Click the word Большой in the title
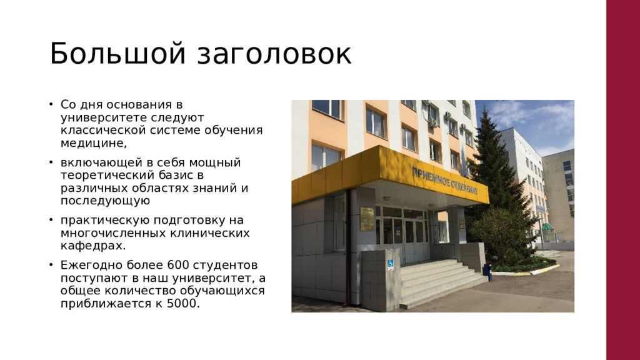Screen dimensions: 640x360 click(117, 53)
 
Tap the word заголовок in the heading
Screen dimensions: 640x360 click(274, 54)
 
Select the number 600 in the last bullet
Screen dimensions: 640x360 click(178, 265)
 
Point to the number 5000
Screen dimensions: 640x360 click(183, 304)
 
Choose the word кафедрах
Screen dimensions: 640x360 click(93, 246)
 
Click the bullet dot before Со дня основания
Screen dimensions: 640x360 click(51, 104)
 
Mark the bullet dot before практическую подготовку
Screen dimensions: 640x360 click(51, 220)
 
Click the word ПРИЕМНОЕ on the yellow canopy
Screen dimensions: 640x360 click(430, 177)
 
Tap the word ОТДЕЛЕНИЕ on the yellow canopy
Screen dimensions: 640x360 click(464, 186)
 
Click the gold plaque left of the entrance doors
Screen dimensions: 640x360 click(367, 219)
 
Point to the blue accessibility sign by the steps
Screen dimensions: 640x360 click(390, 264)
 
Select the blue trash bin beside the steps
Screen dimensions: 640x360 click(487, 272)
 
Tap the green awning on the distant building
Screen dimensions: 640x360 click(547, 226)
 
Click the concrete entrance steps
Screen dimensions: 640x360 click(440, 282)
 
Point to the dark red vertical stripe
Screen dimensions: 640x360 click(623, 180)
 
